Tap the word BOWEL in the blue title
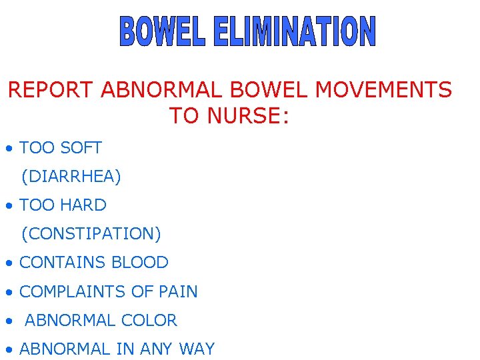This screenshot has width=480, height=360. pyautogui.click(x=162, y=33)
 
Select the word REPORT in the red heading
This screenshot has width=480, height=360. pyautogui.click(x=51, y=89)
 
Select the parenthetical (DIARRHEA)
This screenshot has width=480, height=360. pyautogui.click(x=71, y=176)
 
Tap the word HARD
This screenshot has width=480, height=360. pyautogui.click(x=83, y=205)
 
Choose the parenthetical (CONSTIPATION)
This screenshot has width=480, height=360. pyautogui.click(x=91, y=234)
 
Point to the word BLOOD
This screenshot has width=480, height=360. pyautogui.click(x=140, y=263)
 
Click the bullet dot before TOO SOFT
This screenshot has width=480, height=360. pyautogui.click(x=8, y=148)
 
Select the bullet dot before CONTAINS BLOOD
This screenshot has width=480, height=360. pyautogui.click(x=8, y=264)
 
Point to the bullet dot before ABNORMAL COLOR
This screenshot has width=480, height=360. pyautogui.click(x=8, y=322)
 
